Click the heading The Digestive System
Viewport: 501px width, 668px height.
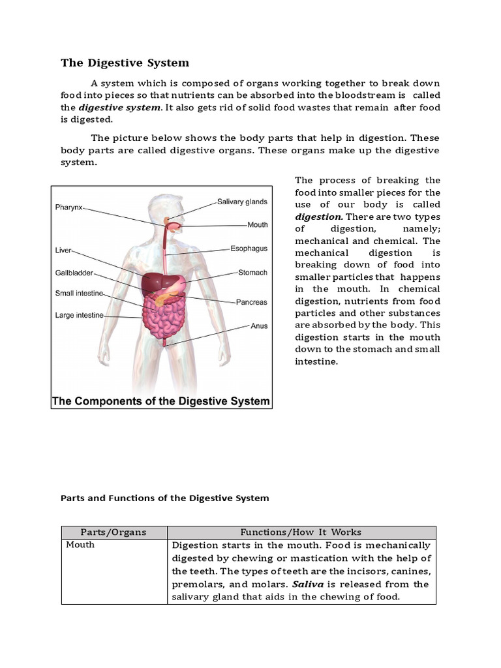pyautogui.click(x=125, y=63)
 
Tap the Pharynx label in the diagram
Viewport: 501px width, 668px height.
pyautogui.click(x=68, y=207)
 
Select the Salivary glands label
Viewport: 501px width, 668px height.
pyautogui.click(x=242, y=202)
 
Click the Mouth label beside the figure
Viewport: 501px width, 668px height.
pyautogui.click(x=257, y=225)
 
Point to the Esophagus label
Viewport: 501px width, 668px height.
pyautogui.click(x=249, y=249)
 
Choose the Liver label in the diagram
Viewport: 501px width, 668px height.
pyautogui.click(x=63, y=250)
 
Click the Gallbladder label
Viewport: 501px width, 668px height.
pyautogui.click(x=74, y=273)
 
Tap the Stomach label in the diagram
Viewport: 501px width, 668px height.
pyautogui.click(x=252, y=273)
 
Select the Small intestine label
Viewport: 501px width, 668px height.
pyautogui.click(x=79, y=294)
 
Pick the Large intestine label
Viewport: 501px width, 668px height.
pyautogui.click(x=79, y=316)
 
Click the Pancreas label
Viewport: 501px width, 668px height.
pyautogui.click(x=251, y=302)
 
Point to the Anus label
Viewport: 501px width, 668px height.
pyautogui.click(x=259, y=326)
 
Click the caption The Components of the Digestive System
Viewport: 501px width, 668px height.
pyautogui.click(x=161, y=401)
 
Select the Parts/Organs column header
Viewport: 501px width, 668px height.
pyautogui.click(x=114, y=532)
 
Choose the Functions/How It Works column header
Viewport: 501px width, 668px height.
pyautogui.click(x=301, y=532)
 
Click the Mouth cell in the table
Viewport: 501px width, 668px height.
pyautogui.click(x=80, y=545)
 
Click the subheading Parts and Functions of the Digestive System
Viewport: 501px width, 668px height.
pyautogui.click(x=164, y=498)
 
